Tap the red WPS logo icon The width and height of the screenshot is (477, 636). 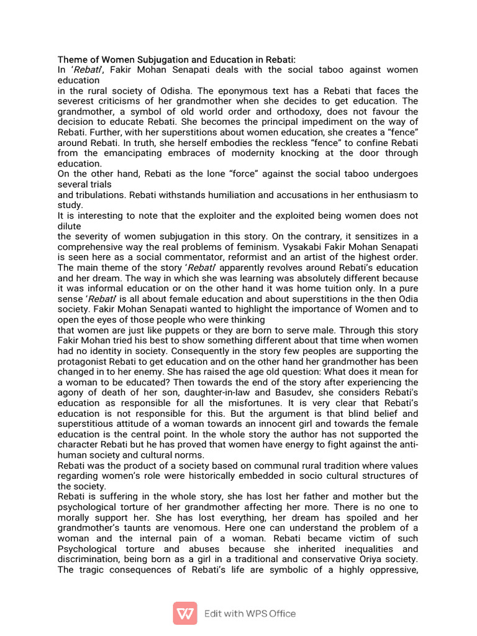(x=185, y=613)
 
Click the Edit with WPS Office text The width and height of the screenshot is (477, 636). (x=250, y=614)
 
